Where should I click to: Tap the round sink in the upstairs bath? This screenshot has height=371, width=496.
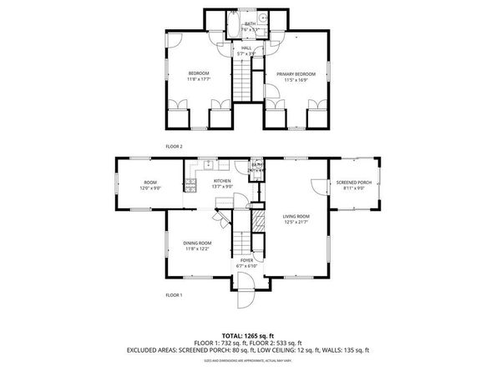tap(262, 18)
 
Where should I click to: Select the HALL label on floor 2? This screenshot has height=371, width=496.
tap(246, 48)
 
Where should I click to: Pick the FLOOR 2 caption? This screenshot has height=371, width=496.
tap(174, 147)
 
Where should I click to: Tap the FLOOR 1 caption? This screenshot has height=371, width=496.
tap(174, 295)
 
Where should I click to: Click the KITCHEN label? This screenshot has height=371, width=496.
tap(222, 181)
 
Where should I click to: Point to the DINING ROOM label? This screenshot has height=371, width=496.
tap(197, 243)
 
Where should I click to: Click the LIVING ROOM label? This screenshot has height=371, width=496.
tap(296, 216)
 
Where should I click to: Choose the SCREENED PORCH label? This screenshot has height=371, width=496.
tap(354, 182)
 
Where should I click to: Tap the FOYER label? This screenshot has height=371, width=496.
tap(247, 260)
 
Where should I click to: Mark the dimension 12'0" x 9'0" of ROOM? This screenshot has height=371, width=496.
tap(151, 188)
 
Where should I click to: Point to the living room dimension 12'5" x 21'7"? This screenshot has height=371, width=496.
tap(296, 222)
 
